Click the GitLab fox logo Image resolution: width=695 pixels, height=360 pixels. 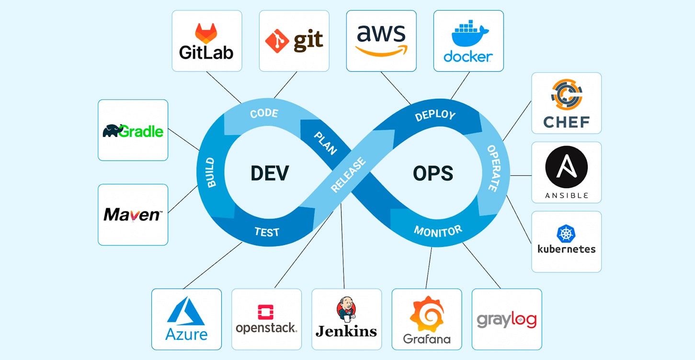pyautogui.click(x=206, y=33)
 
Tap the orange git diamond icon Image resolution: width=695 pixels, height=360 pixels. pyautogui.click(x=277, y=41)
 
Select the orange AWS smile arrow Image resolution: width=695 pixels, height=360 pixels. pyautogui.click(x=381, y=50)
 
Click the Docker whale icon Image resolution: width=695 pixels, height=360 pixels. pyautogui.click(x=469, y=35)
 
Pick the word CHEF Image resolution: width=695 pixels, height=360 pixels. pyautogui.click(x=566, y=122)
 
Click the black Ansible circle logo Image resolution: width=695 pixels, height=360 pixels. pyautogui.click(x=566, y=167)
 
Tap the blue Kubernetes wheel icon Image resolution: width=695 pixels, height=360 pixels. pyautogui.click(x=566, y=234)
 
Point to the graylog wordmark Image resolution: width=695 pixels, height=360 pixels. pyautogui.click(x=506, y=320)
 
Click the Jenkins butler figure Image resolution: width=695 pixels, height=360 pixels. pyautogui.click(x=346, y=309)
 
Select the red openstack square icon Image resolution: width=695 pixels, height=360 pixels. pyautogui.click(x=266, y=312)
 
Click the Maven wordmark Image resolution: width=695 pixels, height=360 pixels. pyautogui.click(x=133, y=214)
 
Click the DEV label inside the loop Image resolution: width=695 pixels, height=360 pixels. pyautogui.click(x=270, y=173)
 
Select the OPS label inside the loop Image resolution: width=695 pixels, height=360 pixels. pyautogui.click(x=433, y=173)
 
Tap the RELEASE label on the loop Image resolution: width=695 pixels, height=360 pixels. pyautogui.click(x=348, y=175)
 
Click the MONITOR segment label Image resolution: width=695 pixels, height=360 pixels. pyautogui.click(x=438, y=232)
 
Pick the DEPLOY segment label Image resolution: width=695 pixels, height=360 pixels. pyautogui.click(x=435, y=115)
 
